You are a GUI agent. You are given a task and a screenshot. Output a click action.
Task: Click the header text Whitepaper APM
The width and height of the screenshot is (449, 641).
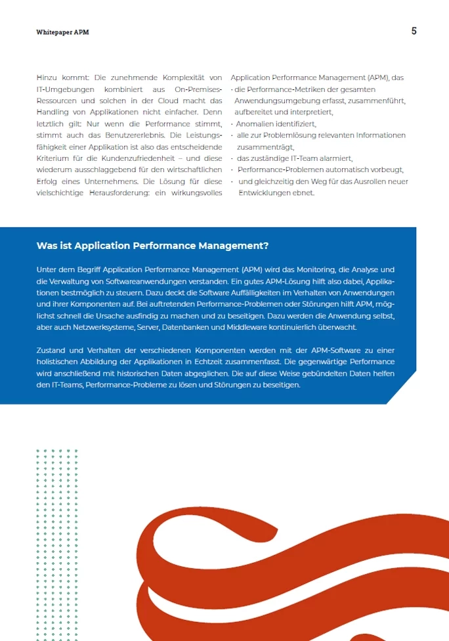62,32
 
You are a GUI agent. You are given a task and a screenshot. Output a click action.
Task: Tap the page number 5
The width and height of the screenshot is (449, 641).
414,31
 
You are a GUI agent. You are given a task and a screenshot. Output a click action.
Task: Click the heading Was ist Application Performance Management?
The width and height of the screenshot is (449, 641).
152,246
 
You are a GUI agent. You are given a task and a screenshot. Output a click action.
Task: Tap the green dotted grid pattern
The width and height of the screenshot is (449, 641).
56,539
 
